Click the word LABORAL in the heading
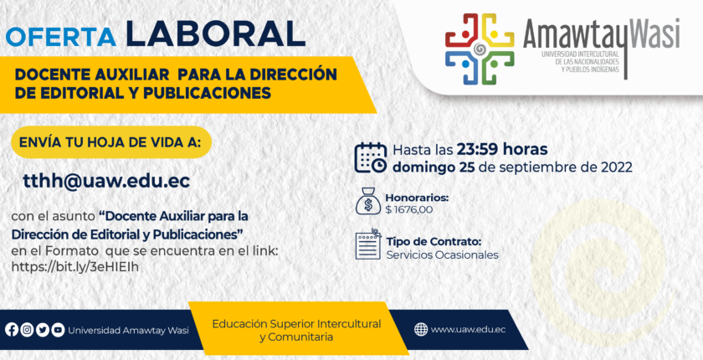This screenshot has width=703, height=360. (216, 33)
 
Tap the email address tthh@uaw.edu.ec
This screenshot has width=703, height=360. (106, 181)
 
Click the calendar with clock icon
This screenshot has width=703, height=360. (370, 157)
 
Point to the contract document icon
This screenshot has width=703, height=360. (368, 245)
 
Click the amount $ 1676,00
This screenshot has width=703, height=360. (409, 209)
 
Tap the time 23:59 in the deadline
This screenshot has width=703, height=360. (478, 149)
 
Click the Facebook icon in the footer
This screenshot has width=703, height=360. (12, 330)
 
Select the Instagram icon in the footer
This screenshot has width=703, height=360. (28, 330)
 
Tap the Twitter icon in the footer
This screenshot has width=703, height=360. (43, 330)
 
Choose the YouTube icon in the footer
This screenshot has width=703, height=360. (58, 330)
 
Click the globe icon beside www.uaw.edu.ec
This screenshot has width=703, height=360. (420, 330)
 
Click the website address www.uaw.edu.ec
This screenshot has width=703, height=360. (468, 330)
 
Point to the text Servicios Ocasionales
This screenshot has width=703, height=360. (443, 255)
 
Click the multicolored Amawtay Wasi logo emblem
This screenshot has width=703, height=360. (480, 49)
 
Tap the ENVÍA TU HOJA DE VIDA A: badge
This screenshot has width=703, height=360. (111, 142)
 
